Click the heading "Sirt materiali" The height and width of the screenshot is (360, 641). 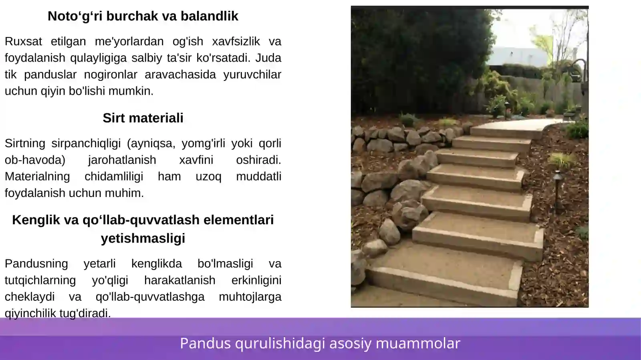[143, 118]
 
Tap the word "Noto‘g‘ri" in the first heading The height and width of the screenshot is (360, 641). [75, 16]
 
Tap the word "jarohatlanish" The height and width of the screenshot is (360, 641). [122, 160]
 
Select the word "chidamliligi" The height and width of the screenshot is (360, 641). [113, 177]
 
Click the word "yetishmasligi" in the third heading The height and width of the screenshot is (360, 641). [143, 238]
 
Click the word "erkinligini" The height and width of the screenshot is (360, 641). [256, 280]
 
